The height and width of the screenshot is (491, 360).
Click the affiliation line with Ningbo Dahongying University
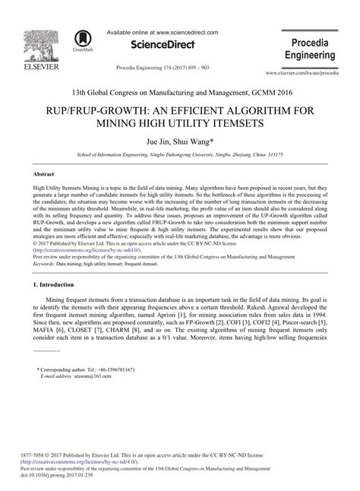tap(180, 154)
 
